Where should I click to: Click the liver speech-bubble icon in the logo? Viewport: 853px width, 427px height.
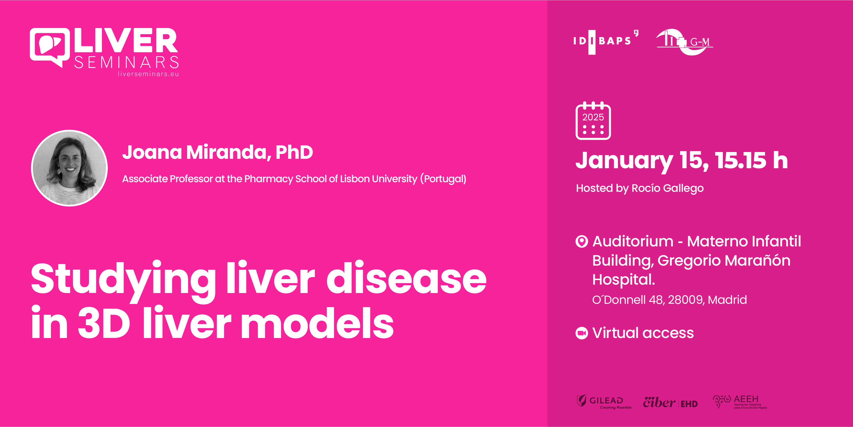[50, 46]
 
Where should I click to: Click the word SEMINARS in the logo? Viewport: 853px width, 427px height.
[127, 62]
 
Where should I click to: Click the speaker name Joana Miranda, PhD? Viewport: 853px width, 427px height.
[217, 152]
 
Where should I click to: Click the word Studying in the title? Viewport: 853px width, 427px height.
[123, 279]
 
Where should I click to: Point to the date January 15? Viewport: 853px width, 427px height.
[642, 161]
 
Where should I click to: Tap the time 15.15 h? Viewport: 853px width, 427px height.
[751, 161]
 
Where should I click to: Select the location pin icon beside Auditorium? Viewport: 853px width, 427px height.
[582, 241]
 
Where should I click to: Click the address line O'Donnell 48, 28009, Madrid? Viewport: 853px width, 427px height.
[669, 300]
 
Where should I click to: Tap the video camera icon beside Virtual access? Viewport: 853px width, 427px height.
[582, 333]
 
